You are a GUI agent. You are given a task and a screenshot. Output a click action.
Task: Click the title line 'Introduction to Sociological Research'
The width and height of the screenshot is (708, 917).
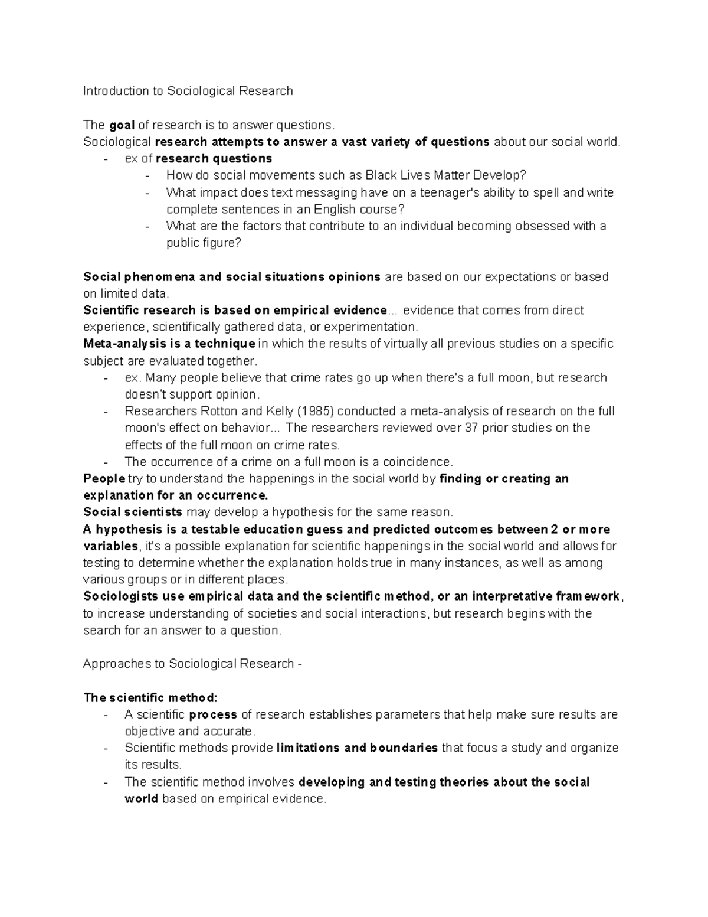click(x=188, y=91)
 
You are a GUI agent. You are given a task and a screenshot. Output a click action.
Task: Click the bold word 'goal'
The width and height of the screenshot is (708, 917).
click(x=122, y=125)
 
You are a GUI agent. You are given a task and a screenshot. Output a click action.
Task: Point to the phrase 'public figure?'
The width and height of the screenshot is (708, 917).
click(x=204, y=243)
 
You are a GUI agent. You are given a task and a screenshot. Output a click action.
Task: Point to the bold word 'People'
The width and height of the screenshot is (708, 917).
click(x=104, y=478)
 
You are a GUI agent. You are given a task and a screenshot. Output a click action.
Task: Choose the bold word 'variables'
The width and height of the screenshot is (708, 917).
click(x=110, y=546)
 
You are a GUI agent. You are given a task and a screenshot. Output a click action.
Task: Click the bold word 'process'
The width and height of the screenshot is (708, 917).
click(x=213, y=714)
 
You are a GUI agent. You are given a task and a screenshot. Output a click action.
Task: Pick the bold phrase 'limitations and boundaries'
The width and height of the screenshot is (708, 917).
click(x=357, y=748)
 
